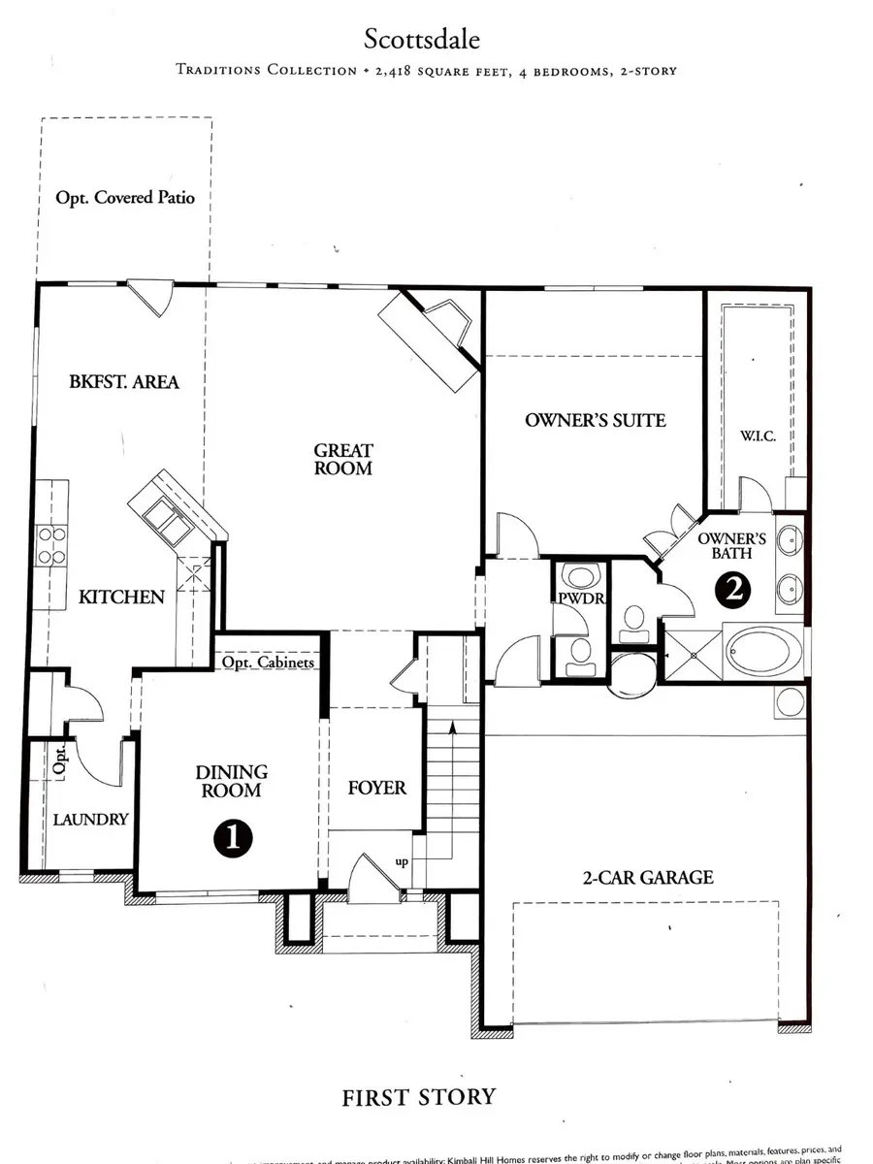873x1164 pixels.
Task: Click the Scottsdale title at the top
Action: pyautogui.click(x=422, y=40)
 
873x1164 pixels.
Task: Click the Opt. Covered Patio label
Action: pyautogui.click(x=125, y=197)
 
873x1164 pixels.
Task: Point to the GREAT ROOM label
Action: pyautogui.click(x=342, y=459)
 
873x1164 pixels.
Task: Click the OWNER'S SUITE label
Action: pyautogui.click(x=595, y=420)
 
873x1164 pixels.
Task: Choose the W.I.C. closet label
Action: pyautogui.click(x=757, y=436)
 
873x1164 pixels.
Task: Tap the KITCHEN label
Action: pyautogui.click(x=121, y=597)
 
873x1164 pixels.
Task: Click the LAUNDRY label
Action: pyautogui.click(x=89, y=819)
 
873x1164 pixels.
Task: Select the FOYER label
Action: pyautogui.click(x=376, y=788)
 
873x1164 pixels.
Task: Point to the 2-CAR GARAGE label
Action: pyautogui.click(x=649, y=877)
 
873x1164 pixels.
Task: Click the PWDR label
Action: pyautogui.click(x=580, y=598)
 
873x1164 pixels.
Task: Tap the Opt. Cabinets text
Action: pyautogui.click(x=269, y=663)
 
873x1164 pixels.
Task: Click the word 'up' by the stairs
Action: pyautogui.click(x=401, y=861)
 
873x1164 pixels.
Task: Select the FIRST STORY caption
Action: pyautogui.click(x=418, y=1097)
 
